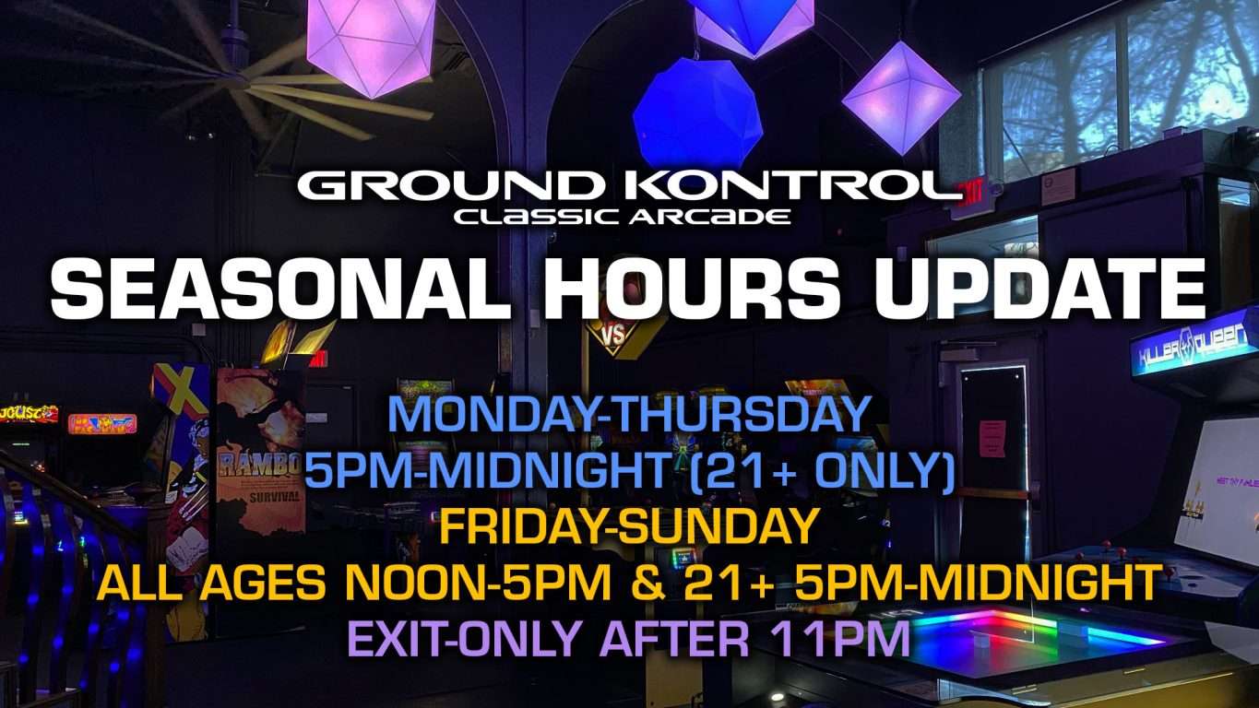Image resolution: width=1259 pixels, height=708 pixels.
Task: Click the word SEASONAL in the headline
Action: [x=279, y=291]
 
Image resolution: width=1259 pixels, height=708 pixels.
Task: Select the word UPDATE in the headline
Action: [x=1039, y=291]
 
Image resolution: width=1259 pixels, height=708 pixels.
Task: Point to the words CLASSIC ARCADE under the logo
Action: [x=623, y=217]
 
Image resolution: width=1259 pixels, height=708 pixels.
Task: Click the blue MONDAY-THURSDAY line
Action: [x=629, y=414]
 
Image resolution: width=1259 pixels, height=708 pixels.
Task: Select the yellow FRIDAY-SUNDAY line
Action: [x=628, y=526]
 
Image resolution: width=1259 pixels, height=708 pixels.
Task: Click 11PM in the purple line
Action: [x=839, y=638]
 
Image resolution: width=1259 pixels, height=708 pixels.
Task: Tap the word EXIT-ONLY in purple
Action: [x=463, y=638]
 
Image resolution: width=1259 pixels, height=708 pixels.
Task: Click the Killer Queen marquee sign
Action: [x=1194, y=346]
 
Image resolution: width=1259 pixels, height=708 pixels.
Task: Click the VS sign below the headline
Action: [x=613, y=336]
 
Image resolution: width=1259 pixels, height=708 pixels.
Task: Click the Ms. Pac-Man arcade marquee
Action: [x=103, y=424]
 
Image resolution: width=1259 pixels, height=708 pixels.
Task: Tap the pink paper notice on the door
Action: [x=992, y=438]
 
